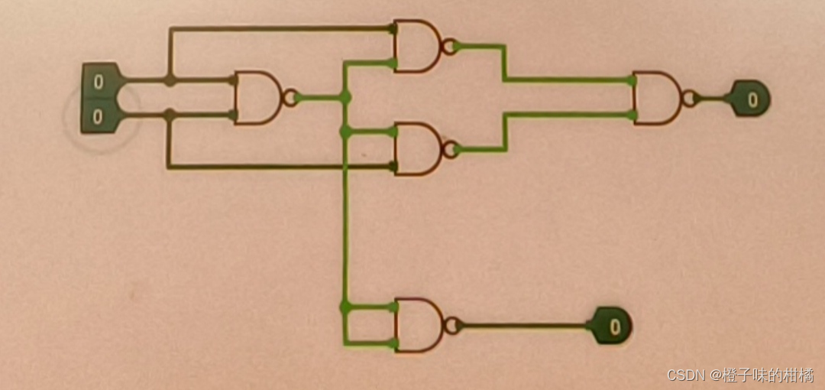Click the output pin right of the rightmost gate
[x=750, y=99]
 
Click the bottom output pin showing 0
[x=612, y=327]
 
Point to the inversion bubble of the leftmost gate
[x=290, y=98]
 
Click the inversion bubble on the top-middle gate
[x=450, y=46]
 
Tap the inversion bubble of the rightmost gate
[x=689, y=98]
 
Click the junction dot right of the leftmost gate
[x=345, y=97]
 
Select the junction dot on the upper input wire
[x=170, y=80]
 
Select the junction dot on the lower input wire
[x=170, y=115]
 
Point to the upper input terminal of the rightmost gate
[x=633, y=80]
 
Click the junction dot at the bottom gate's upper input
[x=345, y=307]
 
